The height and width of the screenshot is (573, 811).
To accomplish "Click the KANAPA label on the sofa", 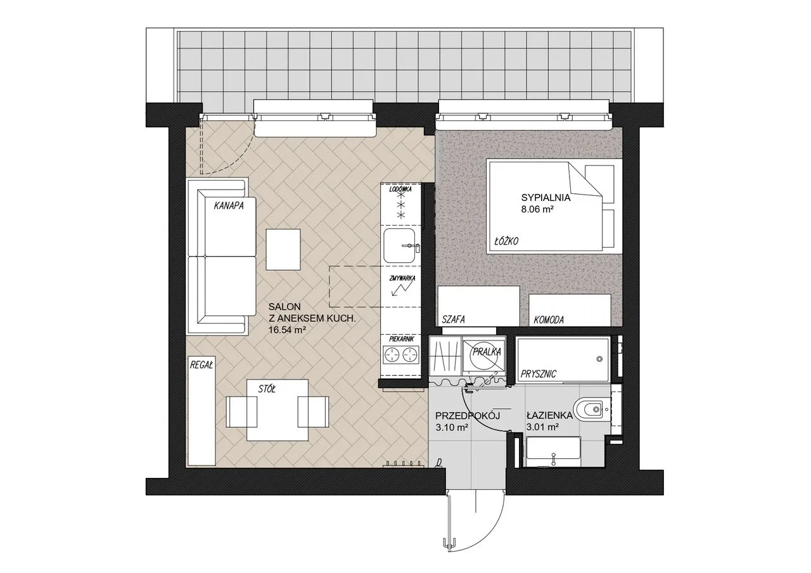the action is [x=229, y=206].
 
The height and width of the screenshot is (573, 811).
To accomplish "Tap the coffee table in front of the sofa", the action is [x=283, y=250].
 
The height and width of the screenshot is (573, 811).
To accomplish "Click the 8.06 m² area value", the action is [x=537, y=209].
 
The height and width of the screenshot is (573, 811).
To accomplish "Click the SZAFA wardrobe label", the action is [x=453, y=319].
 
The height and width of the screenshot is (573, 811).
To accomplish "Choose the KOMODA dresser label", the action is [x=549, y=320].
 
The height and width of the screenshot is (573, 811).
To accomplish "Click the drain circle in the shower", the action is [x=599, y=359].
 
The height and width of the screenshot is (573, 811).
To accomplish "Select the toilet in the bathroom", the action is [x=589, y=409].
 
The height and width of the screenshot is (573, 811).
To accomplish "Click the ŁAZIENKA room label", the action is [x=549, y=415].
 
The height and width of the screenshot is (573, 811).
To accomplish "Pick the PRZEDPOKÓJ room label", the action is [x=468, y=415].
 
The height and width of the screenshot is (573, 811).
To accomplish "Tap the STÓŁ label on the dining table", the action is [x=267, y=389].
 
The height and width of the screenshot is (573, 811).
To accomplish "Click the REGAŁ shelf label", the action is [x=201, y=365].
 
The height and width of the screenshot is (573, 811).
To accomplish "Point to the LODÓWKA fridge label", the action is [x=400, y=189].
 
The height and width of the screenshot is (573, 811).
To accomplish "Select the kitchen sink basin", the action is [x=399, y=245].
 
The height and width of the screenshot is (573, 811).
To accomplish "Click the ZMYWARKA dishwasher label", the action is [x=402, y=278].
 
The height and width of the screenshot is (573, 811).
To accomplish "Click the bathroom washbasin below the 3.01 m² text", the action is [x=554, y=452].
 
